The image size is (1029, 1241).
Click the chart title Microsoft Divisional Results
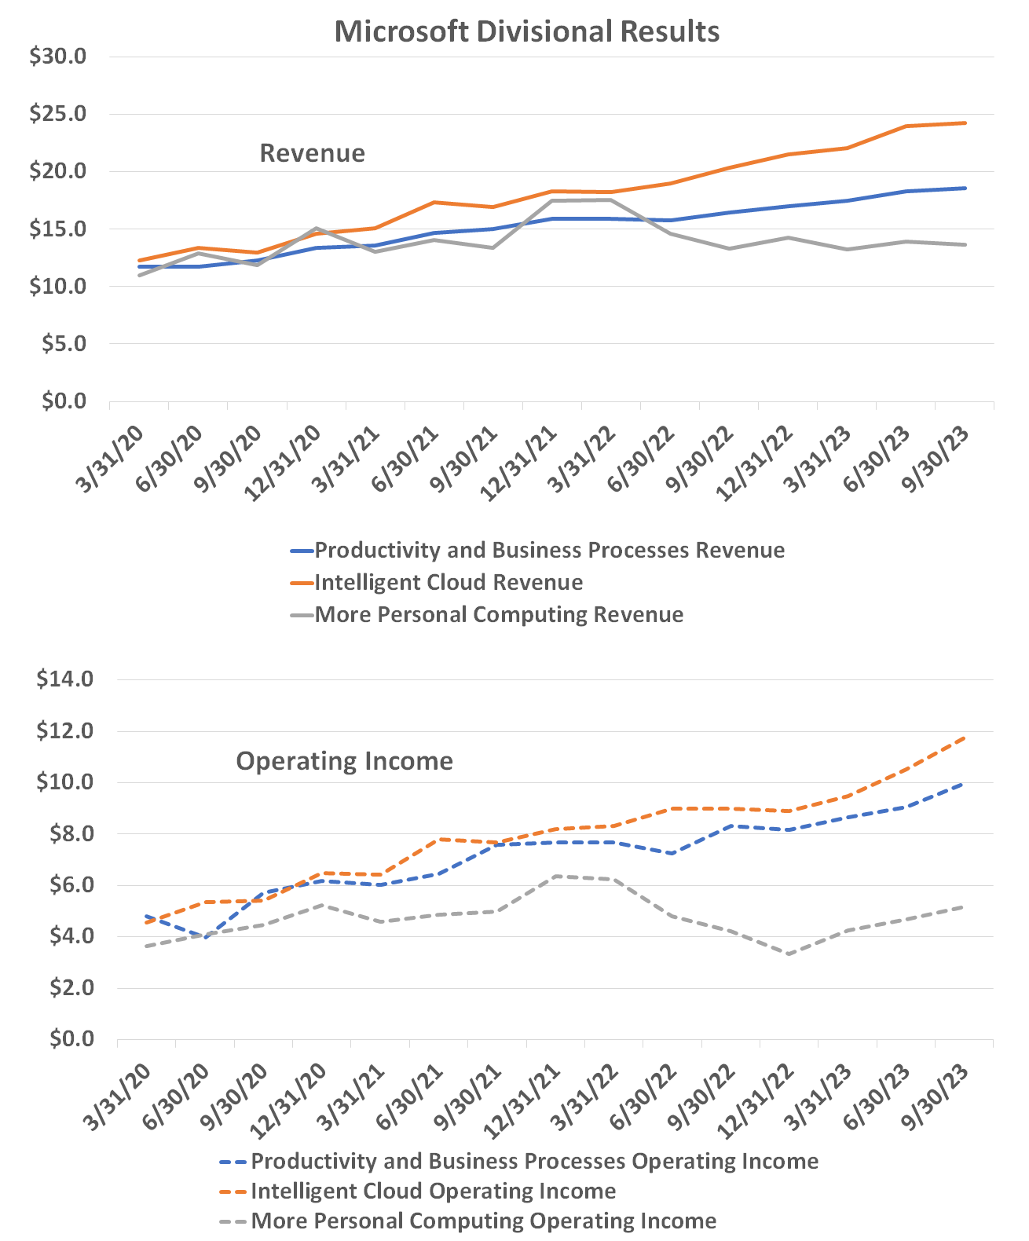point(526,31)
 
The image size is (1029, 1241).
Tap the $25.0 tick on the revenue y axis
point(57,114)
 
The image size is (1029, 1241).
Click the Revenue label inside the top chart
point(312,152)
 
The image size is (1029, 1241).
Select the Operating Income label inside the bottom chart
point(344,760)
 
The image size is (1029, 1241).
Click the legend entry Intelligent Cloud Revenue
point(449,582)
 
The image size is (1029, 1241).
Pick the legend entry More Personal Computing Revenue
point(499,613)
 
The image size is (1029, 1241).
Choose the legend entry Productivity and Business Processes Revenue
point(549,550)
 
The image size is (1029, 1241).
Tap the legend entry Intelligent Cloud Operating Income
point(433,1191)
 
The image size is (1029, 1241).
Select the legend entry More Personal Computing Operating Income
point(483,1221)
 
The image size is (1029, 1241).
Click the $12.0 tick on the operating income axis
point(65,730)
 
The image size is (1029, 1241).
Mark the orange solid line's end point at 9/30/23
point(965,123)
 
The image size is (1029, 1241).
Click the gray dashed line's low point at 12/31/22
point(788,954)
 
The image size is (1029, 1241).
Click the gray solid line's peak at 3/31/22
point(610,200)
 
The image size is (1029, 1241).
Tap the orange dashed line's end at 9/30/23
point(965,738)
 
